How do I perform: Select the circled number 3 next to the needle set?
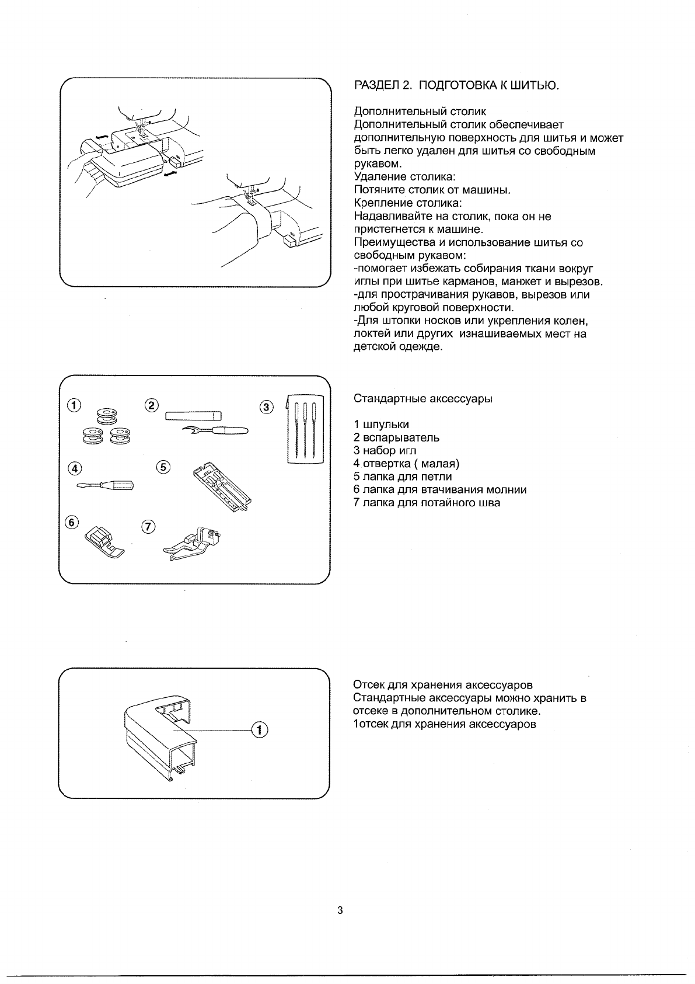pyautogui.click(x=266, y=407)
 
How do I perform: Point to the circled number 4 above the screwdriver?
pyautogui.click(x=74, y=467)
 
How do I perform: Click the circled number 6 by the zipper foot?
pyautogui.click(x=71, y=523)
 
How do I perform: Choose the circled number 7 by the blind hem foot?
pyautogui.click(x=149, y=527)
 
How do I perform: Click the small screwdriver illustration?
pyautogui.click(x=104, y=485)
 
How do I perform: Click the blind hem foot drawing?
pyautogui.click(x=193, y=543)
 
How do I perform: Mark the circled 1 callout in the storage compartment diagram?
pyautogui.click(x=260, y=730)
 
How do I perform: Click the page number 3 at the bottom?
pyautogui.click(x=340, y=910)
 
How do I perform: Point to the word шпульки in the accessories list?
pyautogui.click(x=386, y=425)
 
